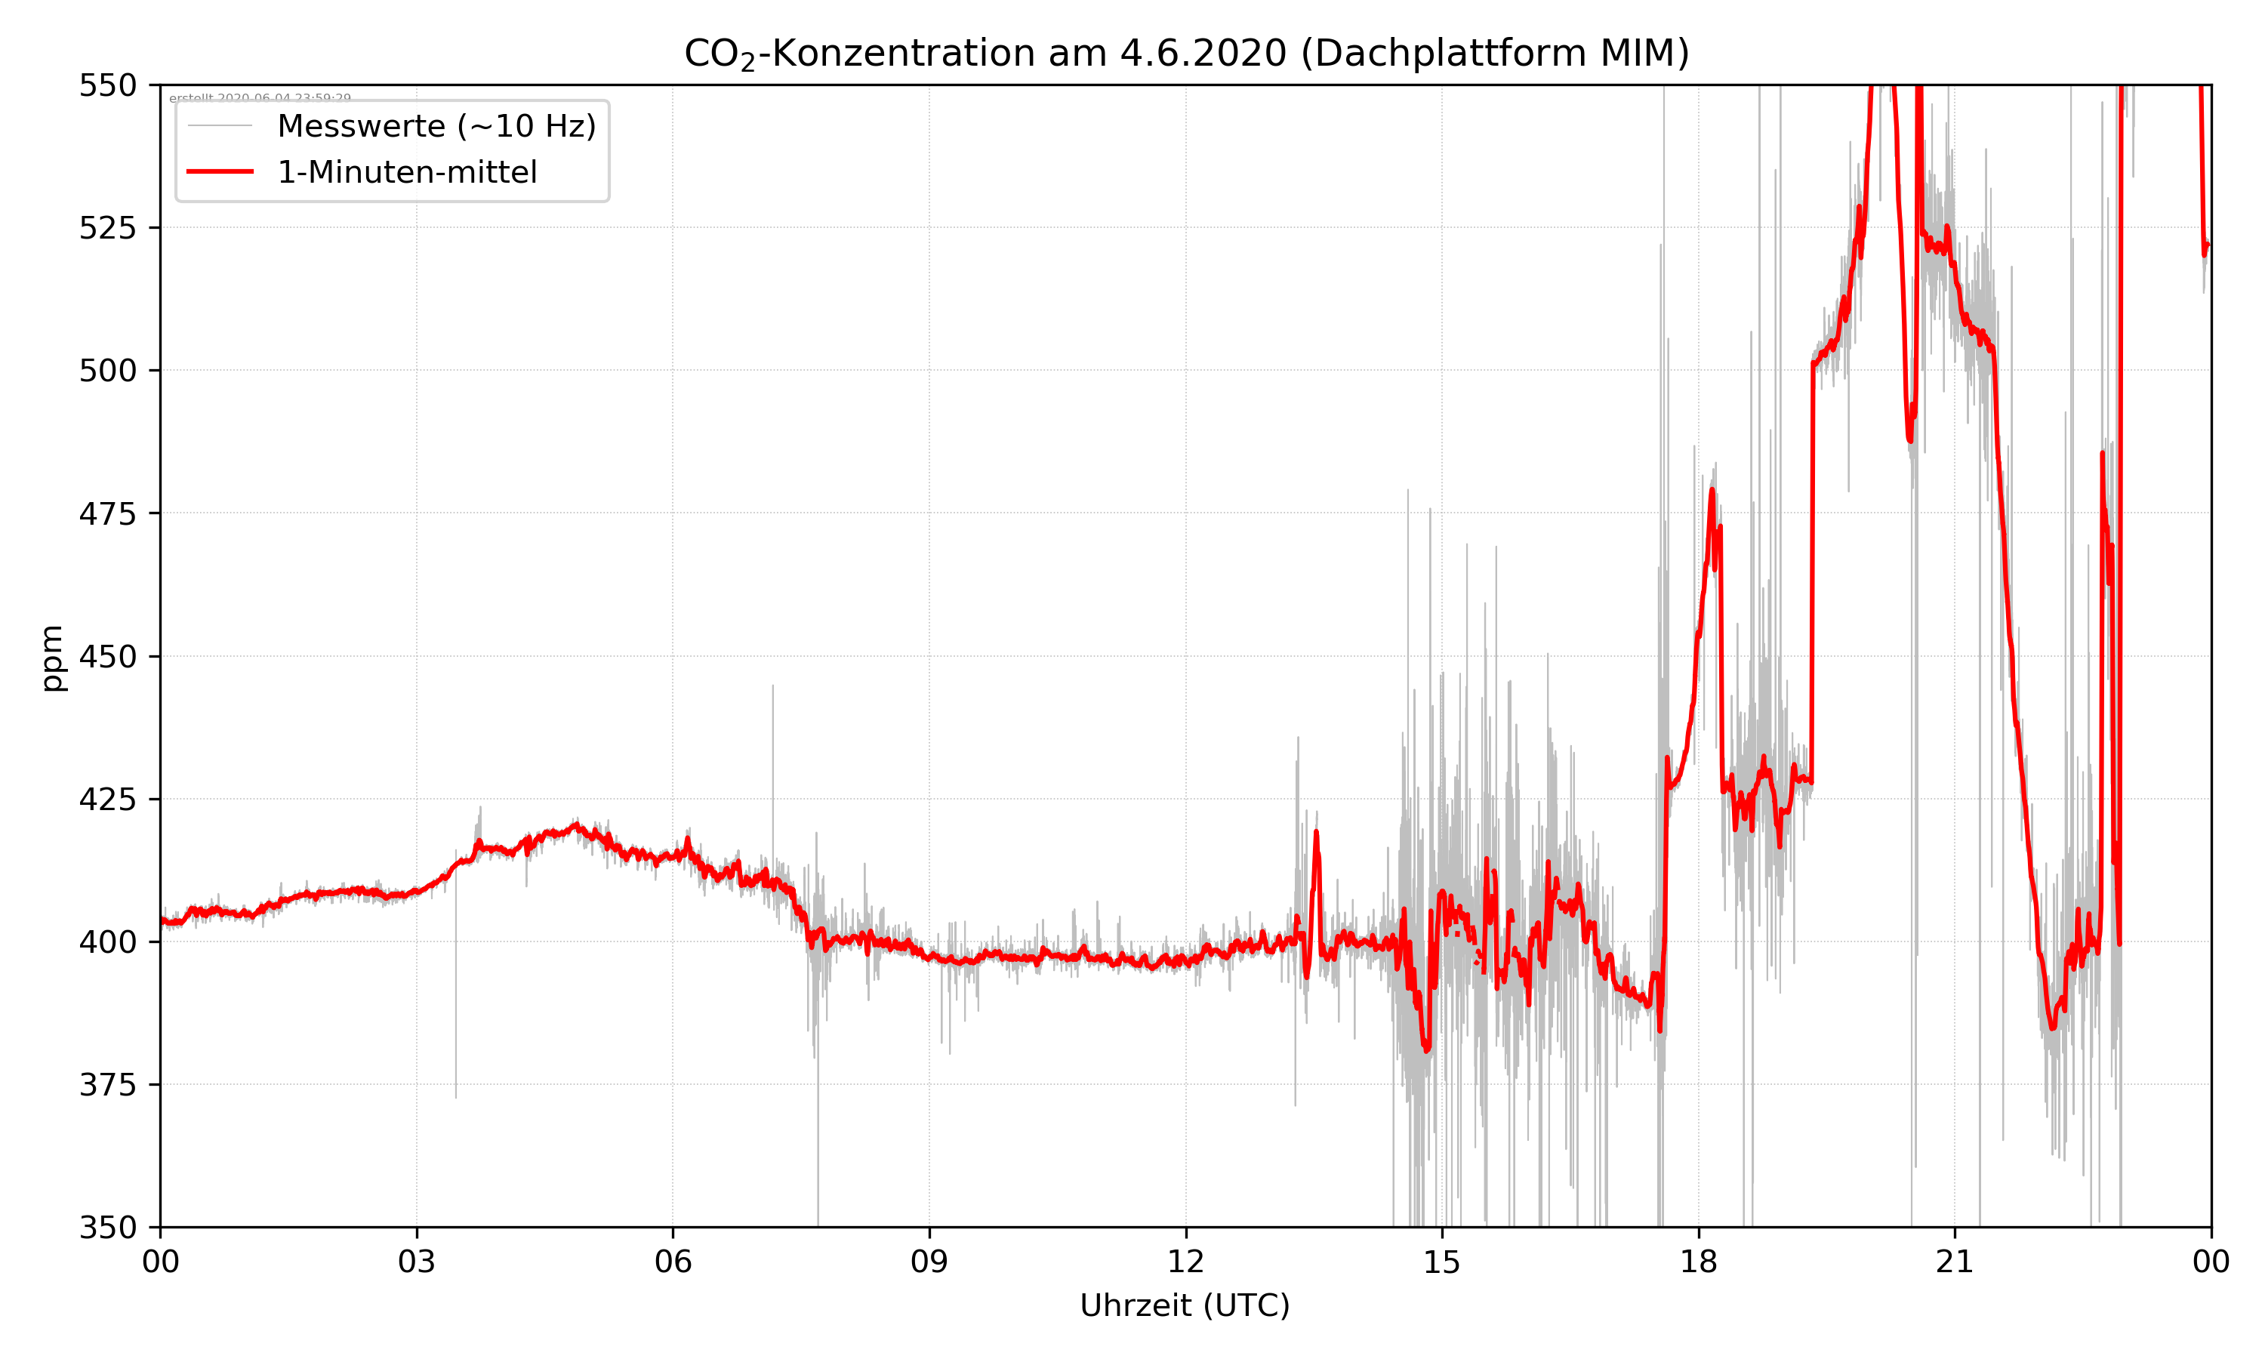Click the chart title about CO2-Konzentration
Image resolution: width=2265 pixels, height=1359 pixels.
point(1185,53)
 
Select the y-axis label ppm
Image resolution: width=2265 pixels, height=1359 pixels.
point(52,658)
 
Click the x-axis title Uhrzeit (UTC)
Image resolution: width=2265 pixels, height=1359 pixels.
point(1185,1305)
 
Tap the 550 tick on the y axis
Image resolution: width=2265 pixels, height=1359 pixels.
point(107,85)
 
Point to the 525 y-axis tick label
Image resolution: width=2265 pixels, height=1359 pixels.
point(107,228)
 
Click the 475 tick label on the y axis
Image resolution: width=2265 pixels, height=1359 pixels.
point(107,513)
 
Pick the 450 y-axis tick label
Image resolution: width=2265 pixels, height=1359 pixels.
point(107,657)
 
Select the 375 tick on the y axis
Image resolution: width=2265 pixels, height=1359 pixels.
point(107,1085)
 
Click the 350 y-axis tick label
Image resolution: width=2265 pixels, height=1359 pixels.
point(107,1228)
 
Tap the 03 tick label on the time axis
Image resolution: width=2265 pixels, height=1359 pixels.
point(417,1262)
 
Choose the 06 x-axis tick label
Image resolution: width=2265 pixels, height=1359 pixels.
point(673,1262)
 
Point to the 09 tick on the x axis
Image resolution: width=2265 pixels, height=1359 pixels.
point(929,1262)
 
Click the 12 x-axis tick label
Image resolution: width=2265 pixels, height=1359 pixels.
point(1185,1262)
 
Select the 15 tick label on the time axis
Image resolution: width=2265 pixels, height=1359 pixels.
point(1442,1262)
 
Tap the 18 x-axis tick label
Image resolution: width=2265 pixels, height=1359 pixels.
point(1698,1262)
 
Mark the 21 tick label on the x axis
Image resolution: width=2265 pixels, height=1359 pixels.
point(1955,1262)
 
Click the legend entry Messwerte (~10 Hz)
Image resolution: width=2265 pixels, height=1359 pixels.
point(436,126)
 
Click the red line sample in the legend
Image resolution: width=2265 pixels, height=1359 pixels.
point(220,171)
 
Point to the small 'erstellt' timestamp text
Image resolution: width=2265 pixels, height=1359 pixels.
point(260,97)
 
